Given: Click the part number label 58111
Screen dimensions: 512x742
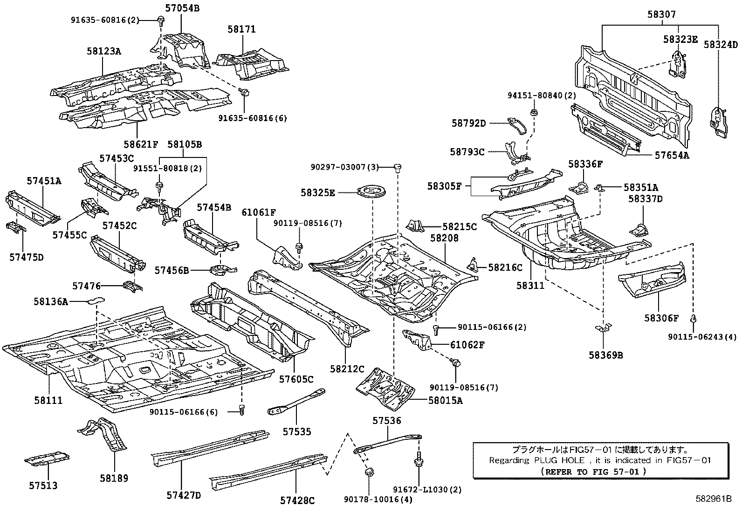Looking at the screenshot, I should [x=48, y=400].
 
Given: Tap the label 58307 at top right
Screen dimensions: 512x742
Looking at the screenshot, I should [x=661, y=15].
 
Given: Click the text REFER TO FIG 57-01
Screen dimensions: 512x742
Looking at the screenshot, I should [x=593, y=471].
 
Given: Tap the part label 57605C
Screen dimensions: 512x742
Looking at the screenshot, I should [x=296, y=379].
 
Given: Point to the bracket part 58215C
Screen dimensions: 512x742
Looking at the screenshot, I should [x=416, y=226].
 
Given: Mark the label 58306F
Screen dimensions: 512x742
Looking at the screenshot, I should [x=661, y=318].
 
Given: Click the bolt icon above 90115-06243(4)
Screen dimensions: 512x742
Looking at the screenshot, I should [x=693, y=319].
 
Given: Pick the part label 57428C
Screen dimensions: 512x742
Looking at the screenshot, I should [x=297, y=500].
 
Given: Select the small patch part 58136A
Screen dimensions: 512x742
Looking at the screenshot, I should [x=95, y=300].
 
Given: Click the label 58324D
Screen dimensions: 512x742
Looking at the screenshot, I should [x=721, y=45].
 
